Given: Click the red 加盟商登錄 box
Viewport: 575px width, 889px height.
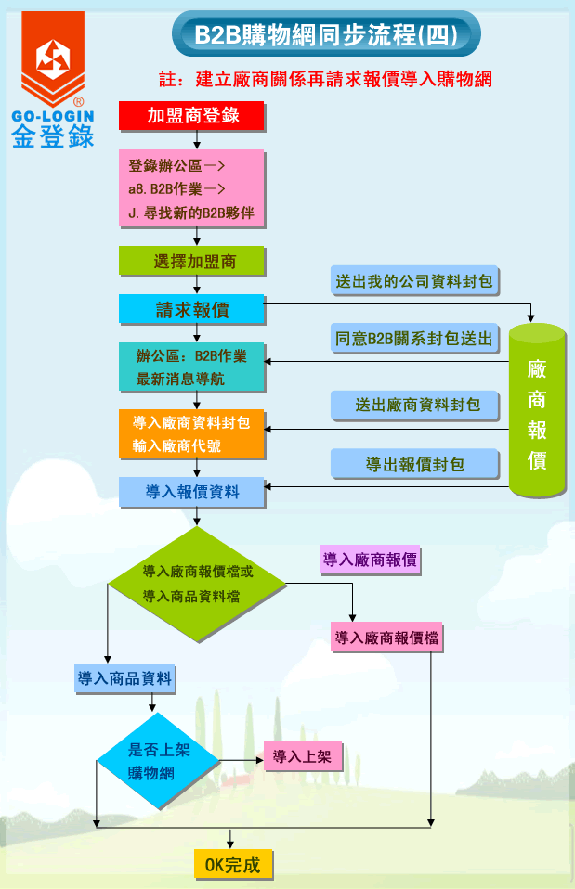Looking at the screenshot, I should pyautogui.click(x=192, y=115).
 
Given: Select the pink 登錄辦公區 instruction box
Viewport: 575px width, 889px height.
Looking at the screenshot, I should pyautogui.click(x=192, y=188).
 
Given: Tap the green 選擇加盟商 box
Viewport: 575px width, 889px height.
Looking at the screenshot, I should pyautogui.click(x=192, y=262).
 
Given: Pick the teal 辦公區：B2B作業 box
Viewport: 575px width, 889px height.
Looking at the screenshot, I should pyautogui.click(x=192, y=367).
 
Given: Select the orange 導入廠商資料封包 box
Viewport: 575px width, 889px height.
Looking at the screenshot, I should pyautogui.click(x=192, y=433).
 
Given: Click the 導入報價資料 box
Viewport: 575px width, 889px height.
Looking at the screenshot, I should pyautogui.click(x=192, y=492).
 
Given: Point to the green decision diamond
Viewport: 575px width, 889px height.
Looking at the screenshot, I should pyautogui.click(x=197, y=585).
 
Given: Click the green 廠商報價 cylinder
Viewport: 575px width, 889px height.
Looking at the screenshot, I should pyautogui.click(x=537, y=409).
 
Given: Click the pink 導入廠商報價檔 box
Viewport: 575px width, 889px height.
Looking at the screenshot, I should pyautogui.click(x=387, y=638).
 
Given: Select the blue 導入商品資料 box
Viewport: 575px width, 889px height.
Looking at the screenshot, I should pyautogui.click(x=125, y=678).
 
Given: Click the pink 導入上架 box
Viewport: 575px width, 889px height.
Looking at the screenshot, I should pyautogui.click(x=303, y=756).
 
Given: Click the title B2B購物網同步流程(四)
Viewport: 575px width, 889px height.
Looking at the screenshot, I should pyautogui.click(x=325, y=35).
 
